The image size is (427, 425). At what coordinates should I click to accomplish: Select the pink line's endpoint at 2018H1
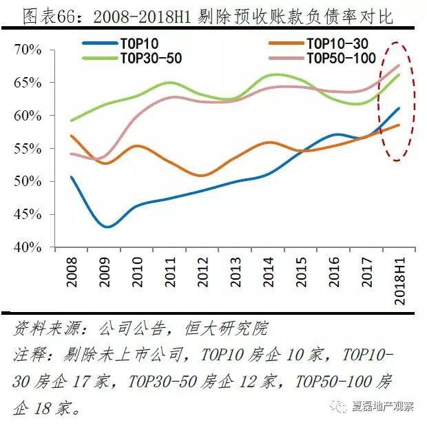399,65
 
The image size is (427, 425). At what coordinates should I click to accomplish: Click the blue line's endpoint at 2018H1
399,108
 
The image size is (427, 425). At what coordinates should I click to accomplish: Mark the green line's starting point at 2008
72,121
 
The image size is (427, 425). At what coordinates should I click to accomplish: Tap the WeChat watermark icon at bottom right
341,406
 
